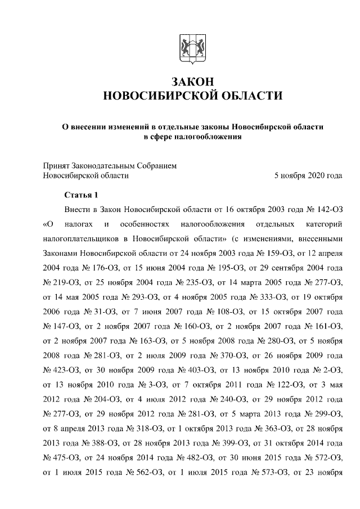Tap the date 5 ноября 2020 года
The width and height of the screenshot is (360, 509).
tap(308, 175)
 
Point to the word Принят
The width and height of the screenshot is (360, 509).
tap(56, 165)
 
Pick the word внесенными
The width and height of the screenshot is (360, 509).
tap(321, 239)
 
